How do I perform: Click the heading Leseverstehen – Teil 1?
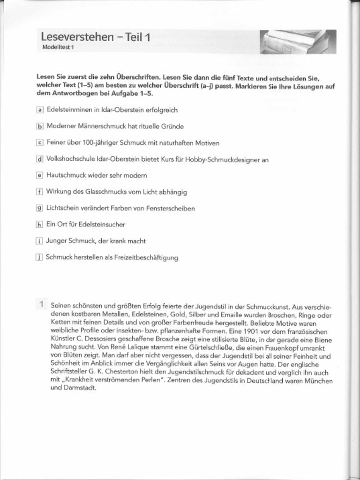point(96,37)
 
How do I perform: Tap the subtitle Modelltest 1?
point(58,47)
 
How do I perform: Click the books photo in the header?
point(298,42)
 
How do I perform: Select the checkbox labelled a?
point(40,110)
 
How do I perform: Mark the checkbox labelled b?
point(40,126)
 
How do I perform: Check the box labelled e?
point(40,175)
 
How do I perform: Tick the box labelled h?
point(40,225)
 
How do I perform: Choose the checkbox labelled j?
point(40,257)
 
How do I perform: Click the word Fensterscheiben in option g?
point(171,208)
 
